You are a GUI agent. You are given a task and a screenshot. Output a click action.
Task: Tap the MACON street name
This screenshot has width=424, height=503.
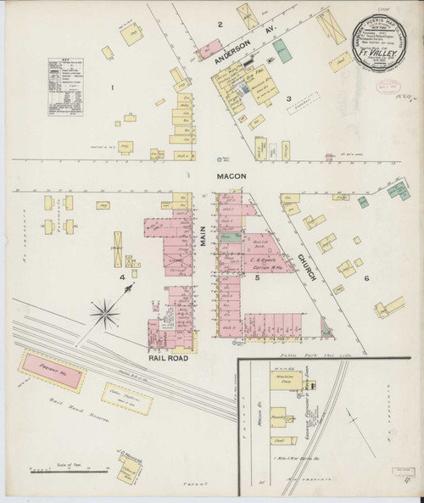tap(230, 176)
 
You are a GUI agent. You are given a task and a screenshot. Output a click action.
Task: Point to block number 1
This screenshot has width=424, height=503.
tap(110, 87)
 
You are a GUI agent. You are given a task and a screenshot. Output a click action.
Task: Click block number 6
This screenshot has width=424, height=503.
tap(366, 278)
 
